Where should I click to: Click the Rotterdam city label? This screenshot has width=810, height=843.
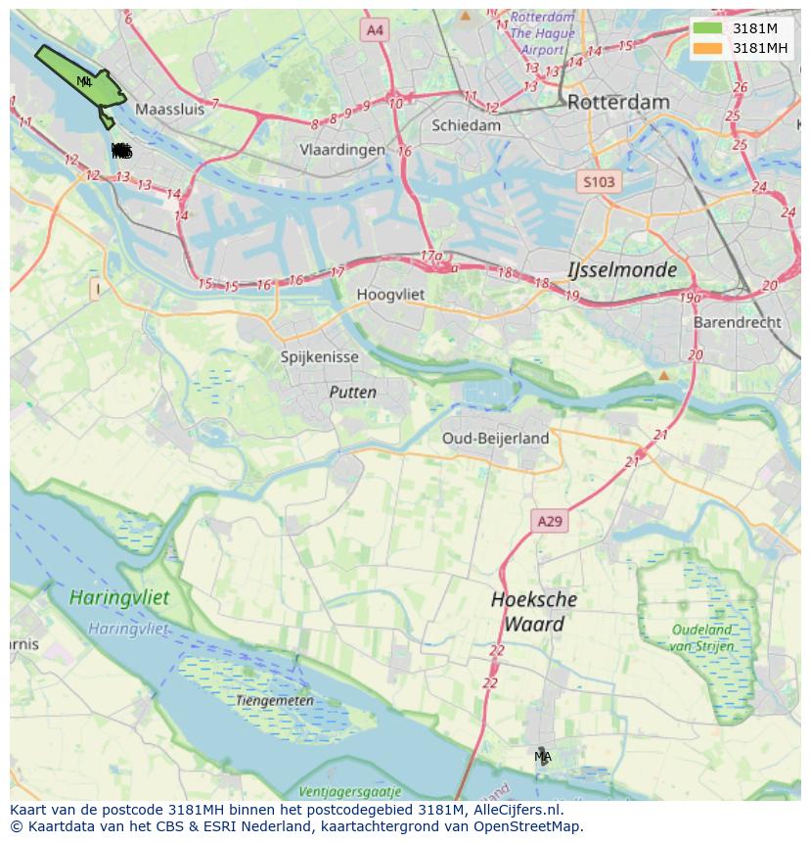pyautogui.click(x=618, y=102)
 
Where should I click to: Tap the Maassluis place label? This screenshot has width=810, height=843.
pyautogui.click(x=170, y=110)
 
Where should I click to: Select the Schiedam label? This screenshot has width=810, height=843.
pyautogui.click(x=466, y=125)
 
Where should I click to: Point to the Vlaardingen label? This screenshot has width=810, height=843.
pyautogui.click(x=342, y=150)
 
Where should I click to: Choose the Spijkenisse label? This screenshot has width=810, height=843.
pyautogui.click(x=319, y=357)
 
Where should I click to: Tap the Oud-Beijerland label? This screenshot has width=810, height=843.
pyautogui.click(x=495, y=438)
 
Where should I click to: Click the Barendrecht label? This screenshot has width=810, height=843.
pyautogui.click(x=737, y=322)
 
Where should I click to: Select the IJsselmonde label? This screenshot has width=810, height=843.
pyautogui.click(x=622, y=269)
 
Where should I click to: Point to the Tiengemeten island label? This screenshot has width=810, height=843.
pyautogui.click(x=275, y=701)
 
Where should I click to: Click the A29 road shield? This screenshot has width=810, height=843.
pyautogui.click(x=550, y=522)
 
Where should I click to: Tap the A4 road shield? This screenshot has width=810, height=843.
pyautogui.click(x=375, y=30)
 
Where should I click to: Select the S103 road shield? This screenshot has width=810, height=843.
pyautogui.click(x=599, y=182)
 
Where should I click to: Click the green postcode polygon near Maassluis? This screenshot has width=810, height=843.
pyautogui.click(x=83, y=80)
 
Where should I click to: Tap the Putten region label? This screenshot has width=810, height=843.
pyautogui.click(x=352, y=393)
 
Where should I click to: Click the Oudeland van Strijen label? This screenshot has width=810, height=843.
pyautogui.click(x=701, y=637)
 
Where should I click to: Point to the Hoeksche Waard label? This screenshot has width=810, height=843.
pyautogui.click(x=533, y=611)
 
